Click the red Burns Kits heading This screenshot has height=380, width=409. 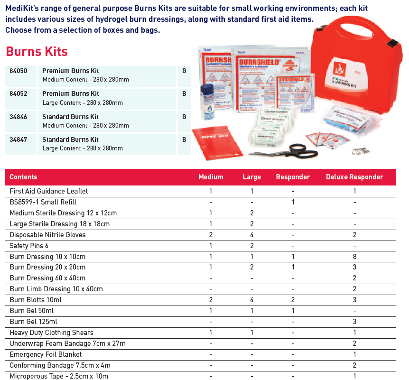click(x=37, y=51)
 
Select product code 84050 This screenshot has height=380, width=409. click(x=19, y=71)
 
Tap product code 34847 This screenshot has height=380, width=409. click(x=19, y=139)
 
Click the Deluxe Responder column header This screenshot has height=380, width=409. click(x=354, y=177)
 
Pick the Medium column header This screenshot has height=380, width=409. click(x=211, y=177)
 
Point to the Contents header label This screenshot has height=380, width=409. click(x=23, y=177)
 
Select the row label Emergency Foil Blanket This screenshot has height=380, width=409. click(x=46, y=354)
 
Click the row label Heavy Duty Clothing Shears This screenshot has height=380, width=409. click(x=51, y=333)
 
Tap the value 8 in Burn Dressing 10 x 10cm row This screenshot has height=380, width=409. click(x=354, y=257)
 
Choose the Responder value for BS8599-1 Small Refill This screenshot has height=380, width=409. click(x=293, y=202)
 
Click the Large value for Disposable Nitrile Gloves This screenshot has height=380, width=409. click(x=251, y=235)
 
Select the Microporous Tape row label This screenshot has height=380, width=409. click(x=59, y=376)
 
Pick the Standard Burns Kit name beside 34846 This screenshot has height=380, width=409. click(x=70, y=117)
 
